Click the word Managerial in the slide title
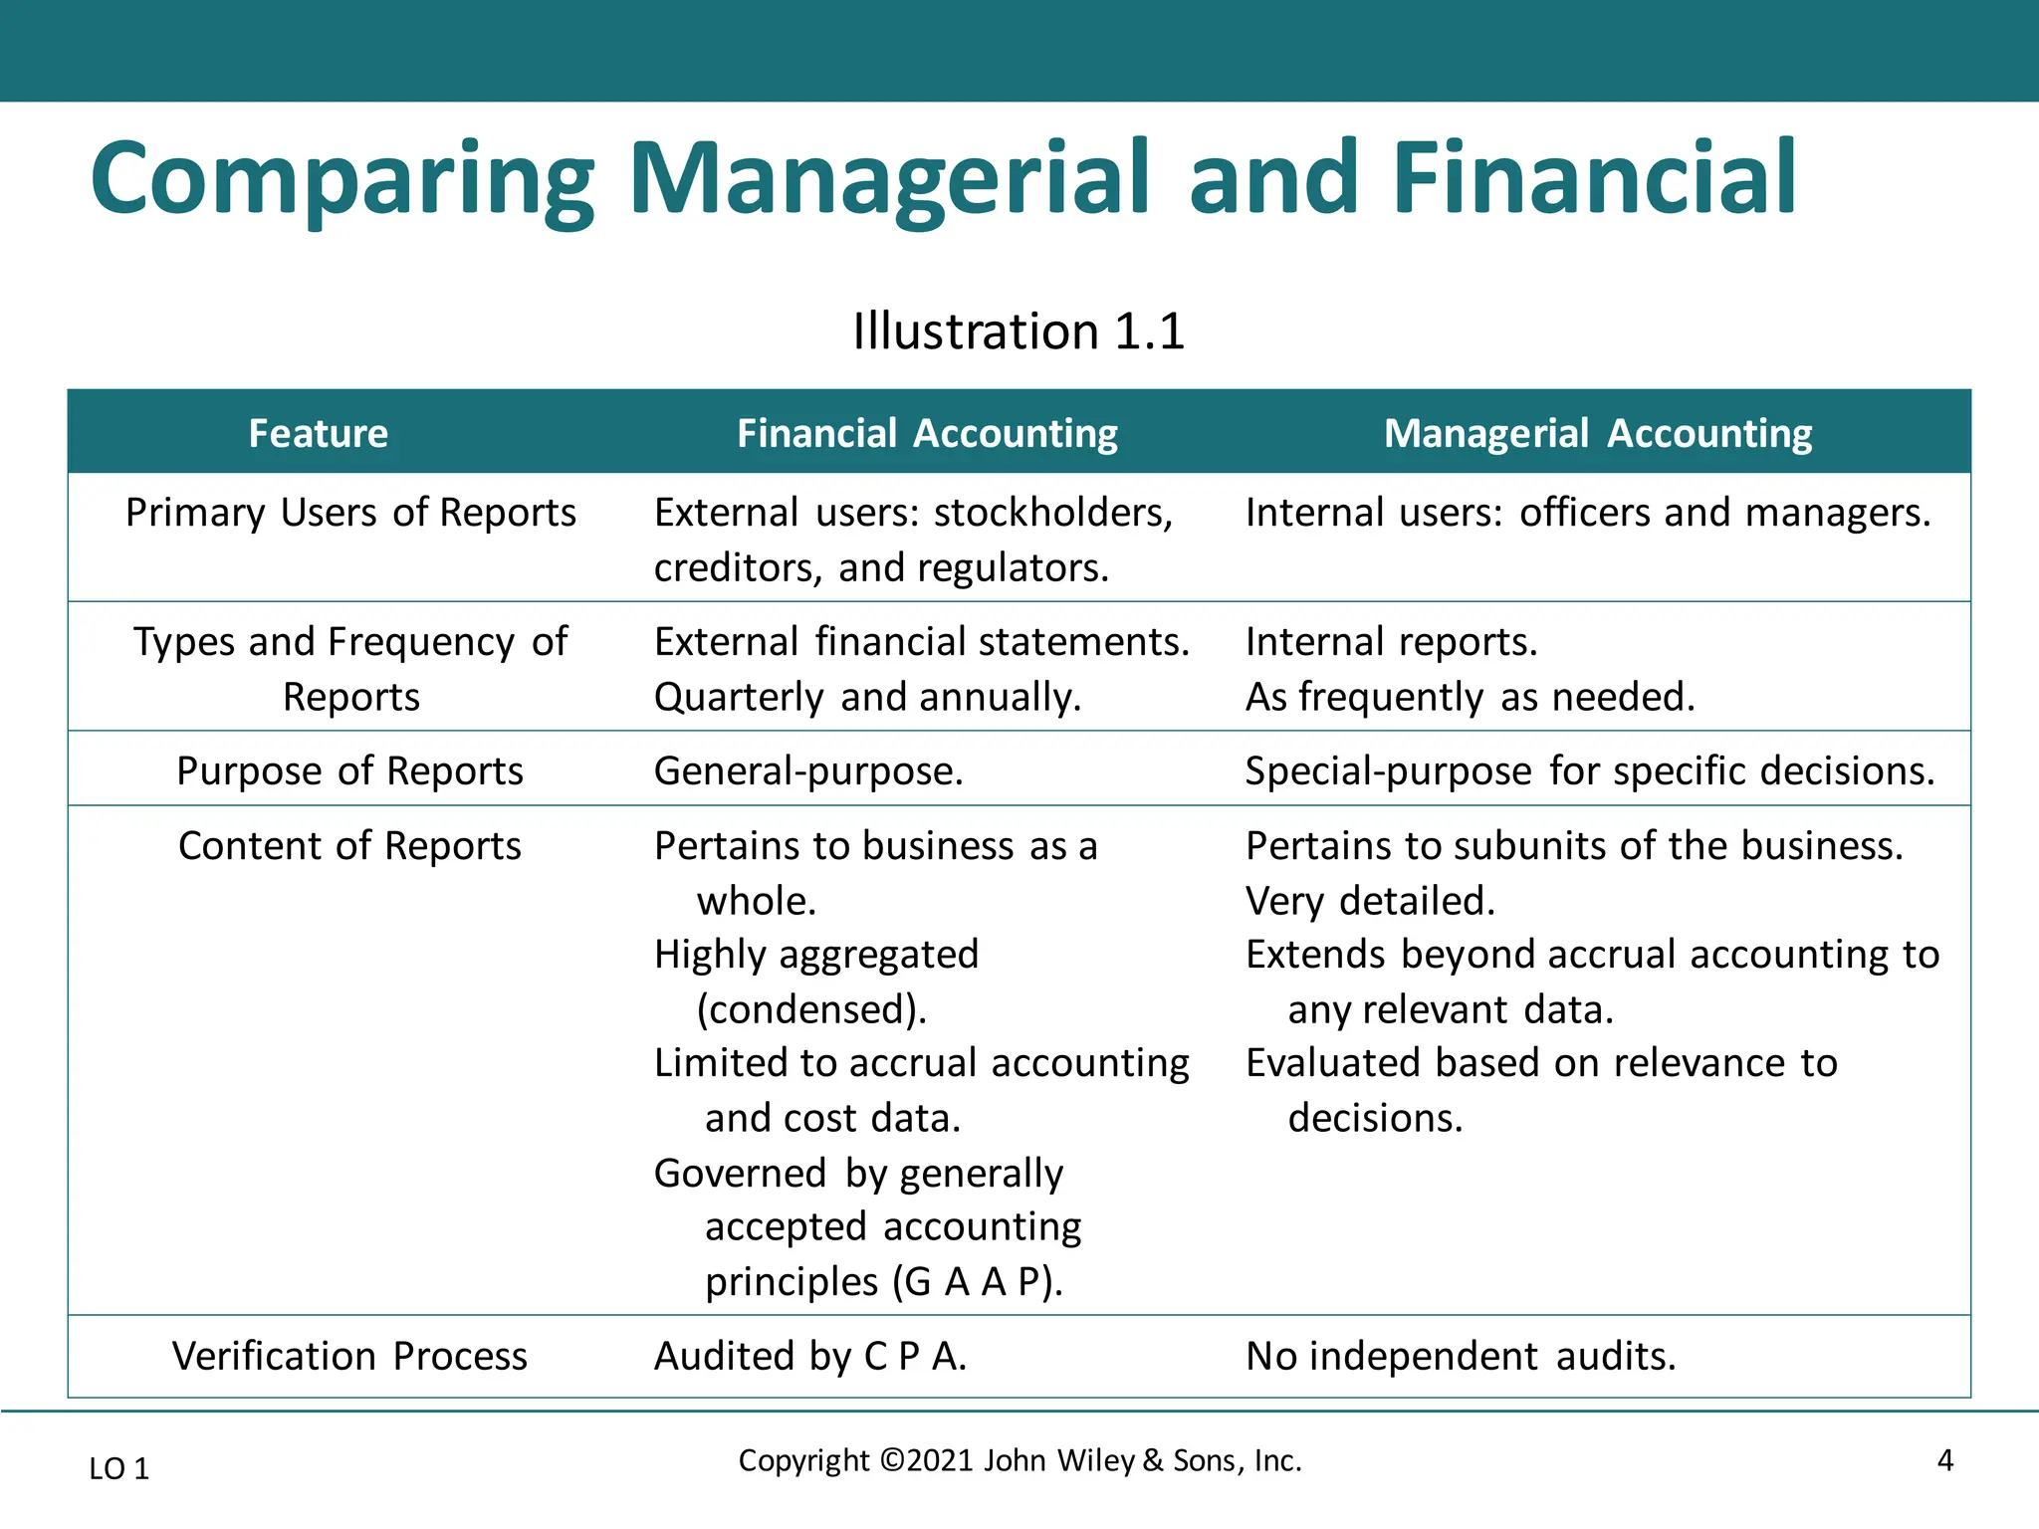click(888, 179)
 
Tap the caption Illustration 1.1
click(1019, 331)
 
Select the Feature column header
click(319, 434)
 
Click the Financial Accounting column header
click(927, 434)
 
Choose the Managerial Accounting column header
click(1597, 434)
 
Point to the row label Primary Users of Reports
click(350, 513)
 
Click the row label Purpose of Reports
click(349, 771)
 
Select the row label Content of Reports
click(349, 846)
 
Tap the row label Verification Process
click(349, 1357)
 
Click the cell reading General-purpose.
click(808, 771)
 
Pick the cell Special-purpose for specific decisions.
click(1589, 771)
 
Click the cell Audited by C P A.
click(810, 1357)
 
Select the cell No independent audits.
click(1461, 1357)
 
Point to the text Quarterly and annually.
click(867, 698)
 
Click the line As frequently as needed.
click(1470, 698)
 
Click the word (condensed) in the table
click(811, 1010)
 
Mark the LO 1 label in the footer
click(119, 1468)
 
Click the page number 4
click(1944, 1461)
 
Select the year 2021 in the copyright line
click(940, 1461)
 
